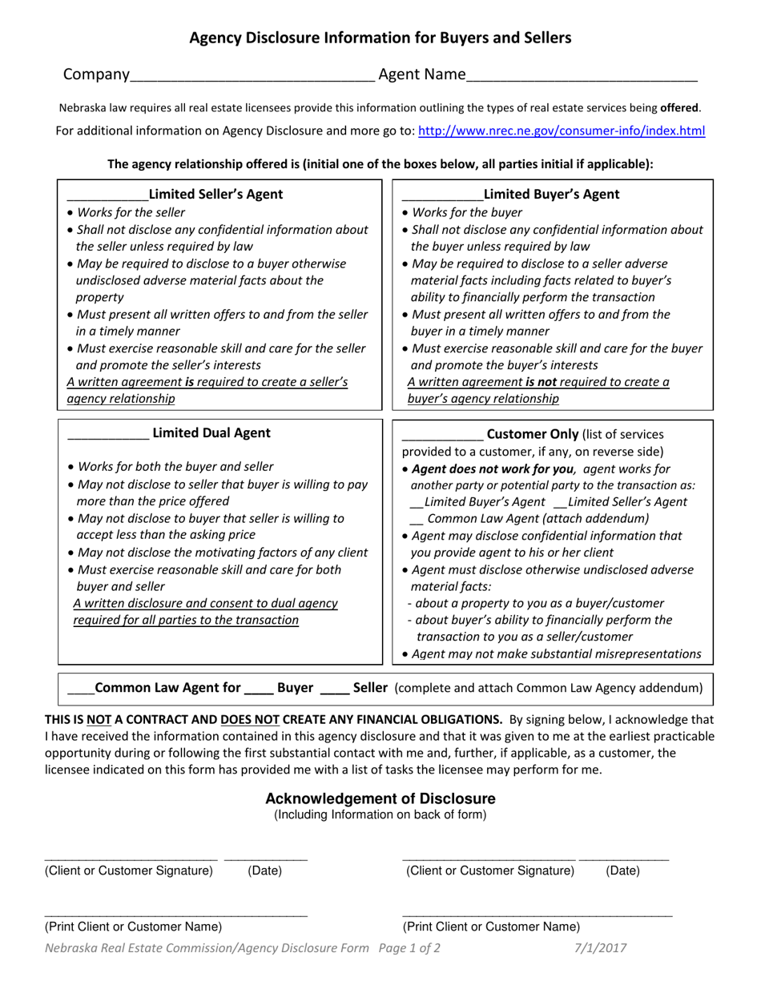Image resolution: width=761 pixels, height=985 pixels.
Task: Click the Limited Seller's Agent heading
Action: point(215,194)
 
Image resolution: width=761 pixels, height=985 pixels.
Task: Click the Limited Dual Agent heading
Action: point(211,433)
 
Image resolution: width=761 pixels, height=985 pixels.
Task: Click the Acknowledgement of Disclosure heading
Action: point(380,798)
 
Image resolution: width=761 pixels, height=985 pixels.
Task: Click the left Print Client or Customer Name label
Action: point(133,927)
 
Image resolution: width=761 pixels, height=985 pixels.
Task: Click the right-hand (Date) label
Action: point(622,870)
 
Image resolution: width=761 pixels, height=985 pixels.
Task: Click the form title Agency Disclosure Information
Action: point(380,38)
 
